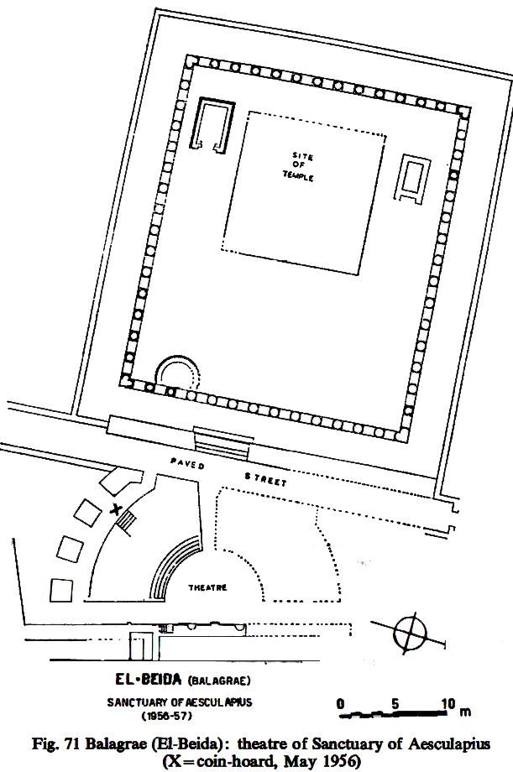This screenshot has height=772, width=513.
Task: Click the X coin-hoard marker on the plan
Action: [x=116, y=509]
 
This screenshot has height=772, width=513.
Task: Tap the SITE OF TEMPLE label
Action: [x=299, y=167]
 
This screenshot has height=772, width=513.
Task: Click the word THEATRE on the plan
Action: [x=207, y=587]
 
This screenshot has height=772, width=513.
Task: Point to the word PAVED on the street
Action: [x=187, y=463]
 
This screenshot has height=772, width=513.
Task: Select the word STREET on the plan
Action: [x=265, y=479]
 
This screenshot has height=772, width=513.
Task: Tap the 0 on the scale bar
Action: [x=340, y=703]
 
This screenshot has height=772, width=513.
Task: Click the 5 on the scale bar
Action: [x=395, y=703]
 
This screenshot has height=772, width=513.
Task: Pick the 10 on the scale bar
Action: [x=448, y=703]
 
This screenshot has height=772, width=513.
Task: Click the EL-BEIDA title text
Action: [x=149, y=680]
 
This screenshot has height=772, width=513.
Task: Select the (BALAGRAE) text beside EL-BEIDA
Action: [x=219, y=681]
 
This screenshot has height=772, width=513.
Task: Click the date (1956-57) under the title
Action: [x=167, y=716]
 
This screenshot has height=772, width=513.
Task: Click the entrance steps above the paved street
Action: [x=222, y=443]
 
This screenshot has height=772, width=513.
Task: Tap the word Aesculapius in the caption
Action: [x=448, y=743]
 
